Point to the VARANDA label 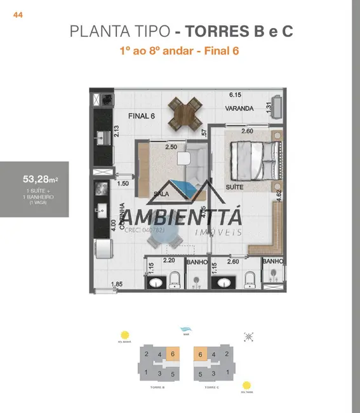tap(239, 109)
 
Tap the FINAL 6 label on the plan tap(142, 116)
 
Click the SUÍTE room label tap(234, 189)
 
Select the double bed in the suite tap(254, 159)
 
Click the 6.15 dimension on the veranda tap(236, 95)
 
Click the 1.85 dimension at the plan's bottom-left tap(116, 284)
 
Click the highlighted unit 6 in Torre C tap(201, 355)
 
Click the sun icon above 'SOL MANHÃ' tap(124, 335)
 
